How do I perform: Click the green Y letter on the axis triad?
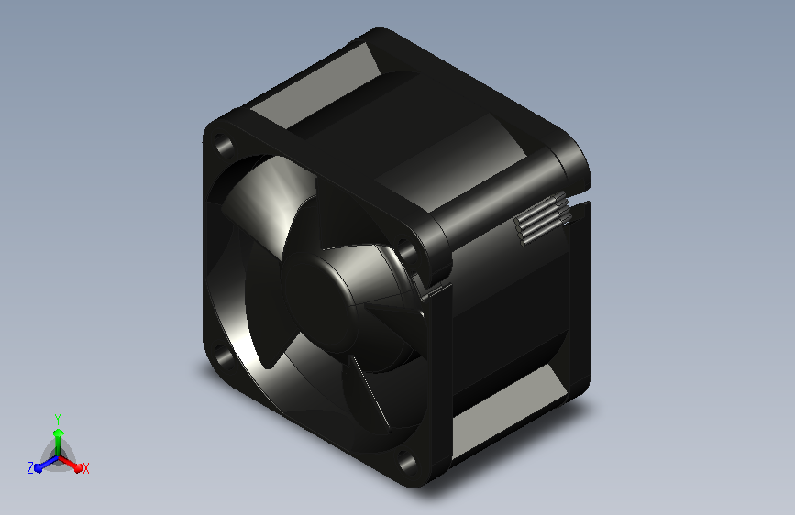[x=58, y=419]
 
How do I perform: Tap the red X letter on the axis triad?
[x=85, y=468]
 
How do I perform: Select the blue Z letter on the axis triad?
[x=30, y=468]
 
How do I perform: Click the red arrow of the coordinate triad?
[x=70, y=464]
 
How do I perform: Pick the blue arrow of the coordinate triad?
[x=47, y=464]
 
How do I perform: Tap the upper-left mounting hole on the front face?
[x=223, y=146]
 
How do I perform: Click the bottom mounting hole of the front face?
[x=406, y=461]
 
